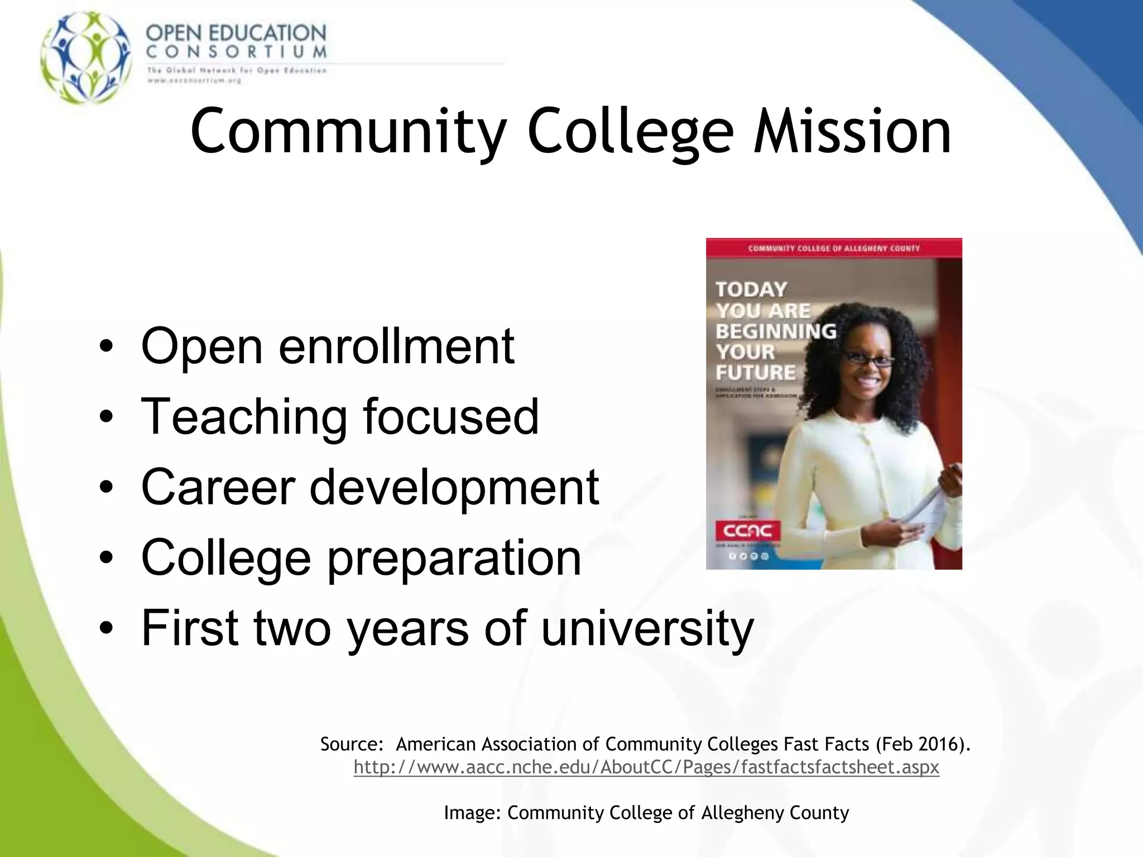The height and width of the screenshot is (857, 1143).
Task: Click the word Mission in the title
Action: coord(852,132)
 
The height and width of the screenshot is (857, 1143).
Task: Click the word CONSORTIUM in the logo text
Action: coord(236,52)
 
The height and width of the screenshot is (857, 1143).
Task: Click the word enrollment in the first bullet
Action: coord(396,346)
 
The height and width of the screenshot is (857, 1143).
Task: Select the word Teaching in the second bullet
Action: coord(244,417)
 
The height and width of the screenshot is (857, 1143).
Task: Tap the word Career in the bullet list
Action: coord(218,487)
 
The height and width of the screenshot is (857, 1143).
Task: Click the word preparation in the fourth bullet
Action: coord(454,558)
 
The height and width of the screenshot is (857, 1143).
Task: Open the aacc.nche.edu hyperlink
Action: coord(646,767)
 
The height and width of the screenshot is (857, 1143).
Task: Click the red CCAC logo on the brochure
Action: coord(748,530)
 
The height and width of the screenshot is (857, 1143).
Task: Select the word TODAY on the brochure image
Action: coord(751,289)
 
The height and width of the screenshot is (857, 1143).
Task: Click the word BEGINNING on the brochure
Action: coord(776,331)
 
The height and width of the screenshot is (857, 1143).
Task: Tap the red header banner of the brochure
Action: coord(834,248)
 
